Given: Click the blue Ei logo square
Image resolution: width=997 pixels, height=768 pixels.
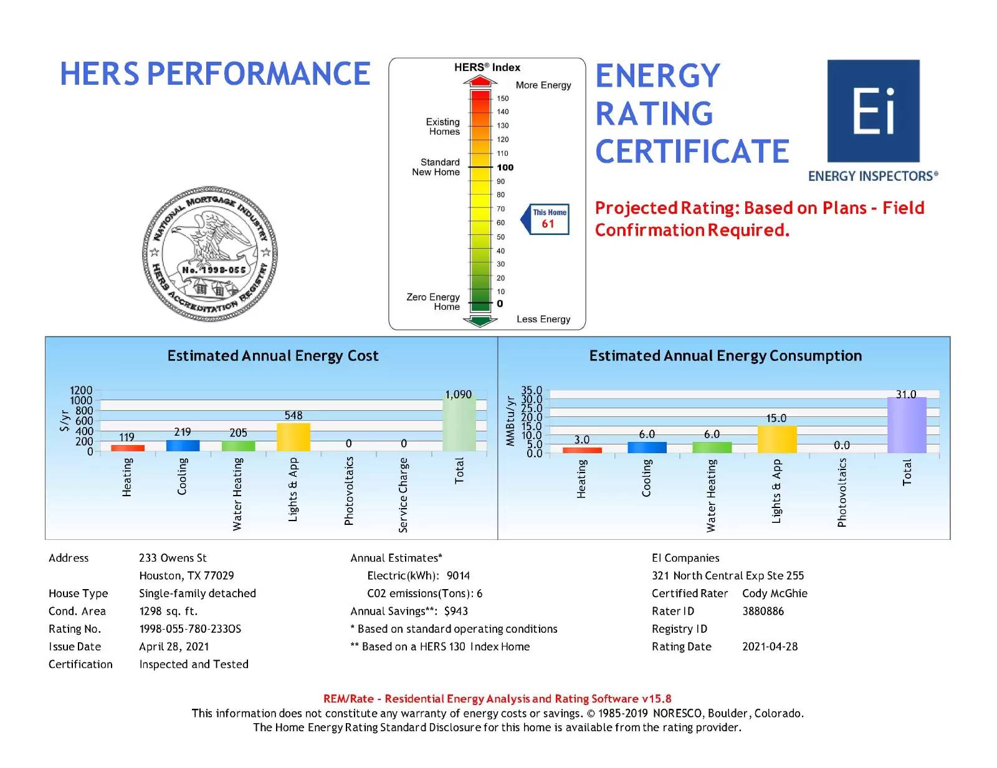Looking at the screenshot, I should coord(873,111).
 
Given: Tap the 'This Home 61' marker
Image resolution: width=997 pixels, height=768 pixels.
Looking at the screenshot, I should coord(550,219).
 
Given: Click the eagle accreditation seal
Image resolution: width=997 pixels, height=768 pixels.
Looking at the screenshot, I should coord(210,254).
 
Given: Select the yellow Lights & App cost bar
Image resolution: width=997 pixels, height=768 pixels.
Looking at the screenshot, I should coord(293,437).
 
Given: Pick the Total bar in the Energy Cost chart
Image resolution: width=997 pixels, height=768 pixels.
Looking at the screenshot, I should coord(459,424).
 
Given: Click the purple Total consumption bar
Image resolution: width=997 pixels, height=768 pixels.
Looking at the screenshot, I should coord(906,425).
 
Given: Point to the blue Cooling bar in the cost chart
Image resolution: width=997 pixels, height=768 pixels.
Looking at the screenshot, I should coord(183,445).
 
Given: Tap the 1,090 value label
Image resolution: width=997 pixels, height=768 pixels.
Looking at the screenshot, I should coord(458,395).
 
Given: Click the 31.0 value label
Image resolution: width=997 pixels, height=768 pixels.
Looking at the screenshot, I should coord(905,395).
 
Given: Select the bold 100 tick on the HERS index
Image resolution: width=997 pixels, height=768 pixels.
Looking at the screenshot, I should coord(505,167).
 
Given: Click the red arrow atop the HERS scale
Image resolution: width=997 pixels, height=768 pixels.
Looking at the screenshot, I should coord(480,81).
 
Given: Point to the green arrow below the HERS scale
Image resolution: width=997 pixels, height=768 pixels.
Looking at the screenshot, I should coord(480,321).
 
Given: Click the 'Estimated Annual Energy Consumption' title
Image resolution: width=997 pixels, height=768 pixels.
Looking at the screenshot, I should coord(725,356).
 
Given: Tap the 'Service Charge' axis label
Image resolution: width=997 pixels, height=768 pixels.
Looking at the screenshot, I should coord(403,495).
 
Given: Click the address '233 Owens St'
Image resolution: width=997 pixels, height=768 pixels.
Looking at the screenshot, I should coord(173,558).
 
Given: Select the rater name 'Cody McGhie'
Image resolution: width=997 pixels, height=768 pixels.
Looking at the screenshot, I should coord(775,593).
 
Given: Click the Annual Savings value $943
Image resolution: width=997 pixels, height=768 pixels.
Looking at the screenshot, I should coord(456,611).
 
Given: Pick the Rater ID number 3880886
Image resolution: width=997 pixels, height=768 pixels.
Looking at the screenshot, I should coord(763,611).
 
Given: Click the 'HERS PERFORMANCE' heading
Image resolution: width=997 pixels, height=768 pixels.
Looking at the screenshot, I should coord(215,74).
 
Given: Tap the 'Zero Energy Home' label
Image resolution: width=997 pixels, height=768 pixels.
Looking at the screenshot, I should coord(434,302).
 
